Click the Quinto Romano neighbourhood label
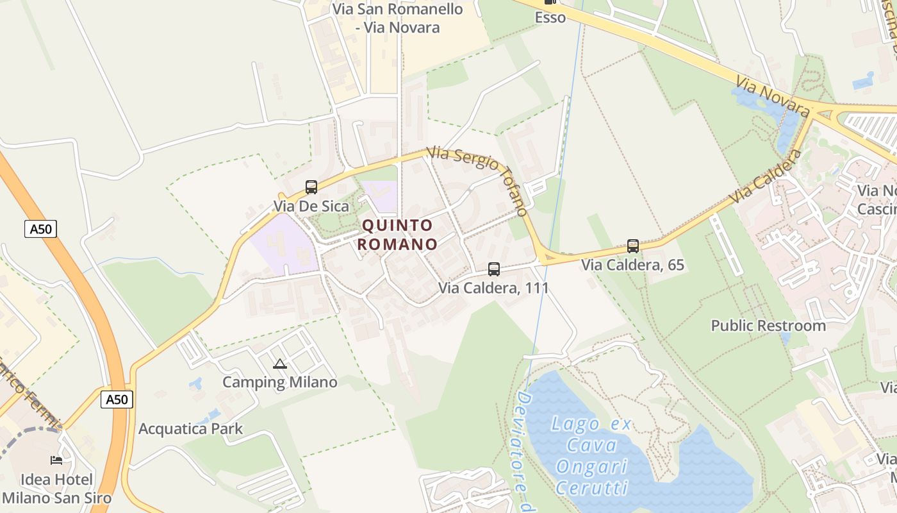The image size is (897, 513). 397,235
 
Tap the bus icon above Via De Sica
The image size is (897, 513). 311,187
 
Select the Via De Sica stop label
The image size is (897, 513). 311,206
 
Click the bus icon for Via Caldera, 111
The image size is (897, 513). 494,269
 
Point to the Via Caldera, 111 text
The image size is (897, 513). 493,288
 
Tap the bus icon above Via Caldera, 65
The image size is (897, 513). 633,246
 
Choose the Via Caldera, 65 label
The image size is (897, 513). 632,265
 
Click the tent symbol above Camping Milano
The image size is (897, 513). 280,364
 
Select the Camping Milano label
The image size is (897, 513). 279,383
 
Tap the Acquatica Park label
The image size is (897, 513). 191,429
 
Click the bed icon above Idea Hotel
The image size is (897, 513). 56,460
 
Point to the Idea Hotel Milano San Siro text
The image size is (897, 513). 56,489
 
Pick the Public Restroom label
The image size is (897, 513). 768,326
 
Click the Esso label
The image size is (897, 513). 550,17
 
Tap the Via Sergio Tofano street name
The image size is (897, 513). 478,180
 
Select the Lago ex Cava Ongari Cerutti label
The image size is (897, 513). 592,455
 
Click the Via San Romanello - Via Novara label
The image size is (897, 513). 398,18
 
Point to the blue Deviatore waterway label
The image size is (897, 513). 523,449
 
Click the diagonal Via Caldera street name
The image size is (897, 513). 766,177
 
